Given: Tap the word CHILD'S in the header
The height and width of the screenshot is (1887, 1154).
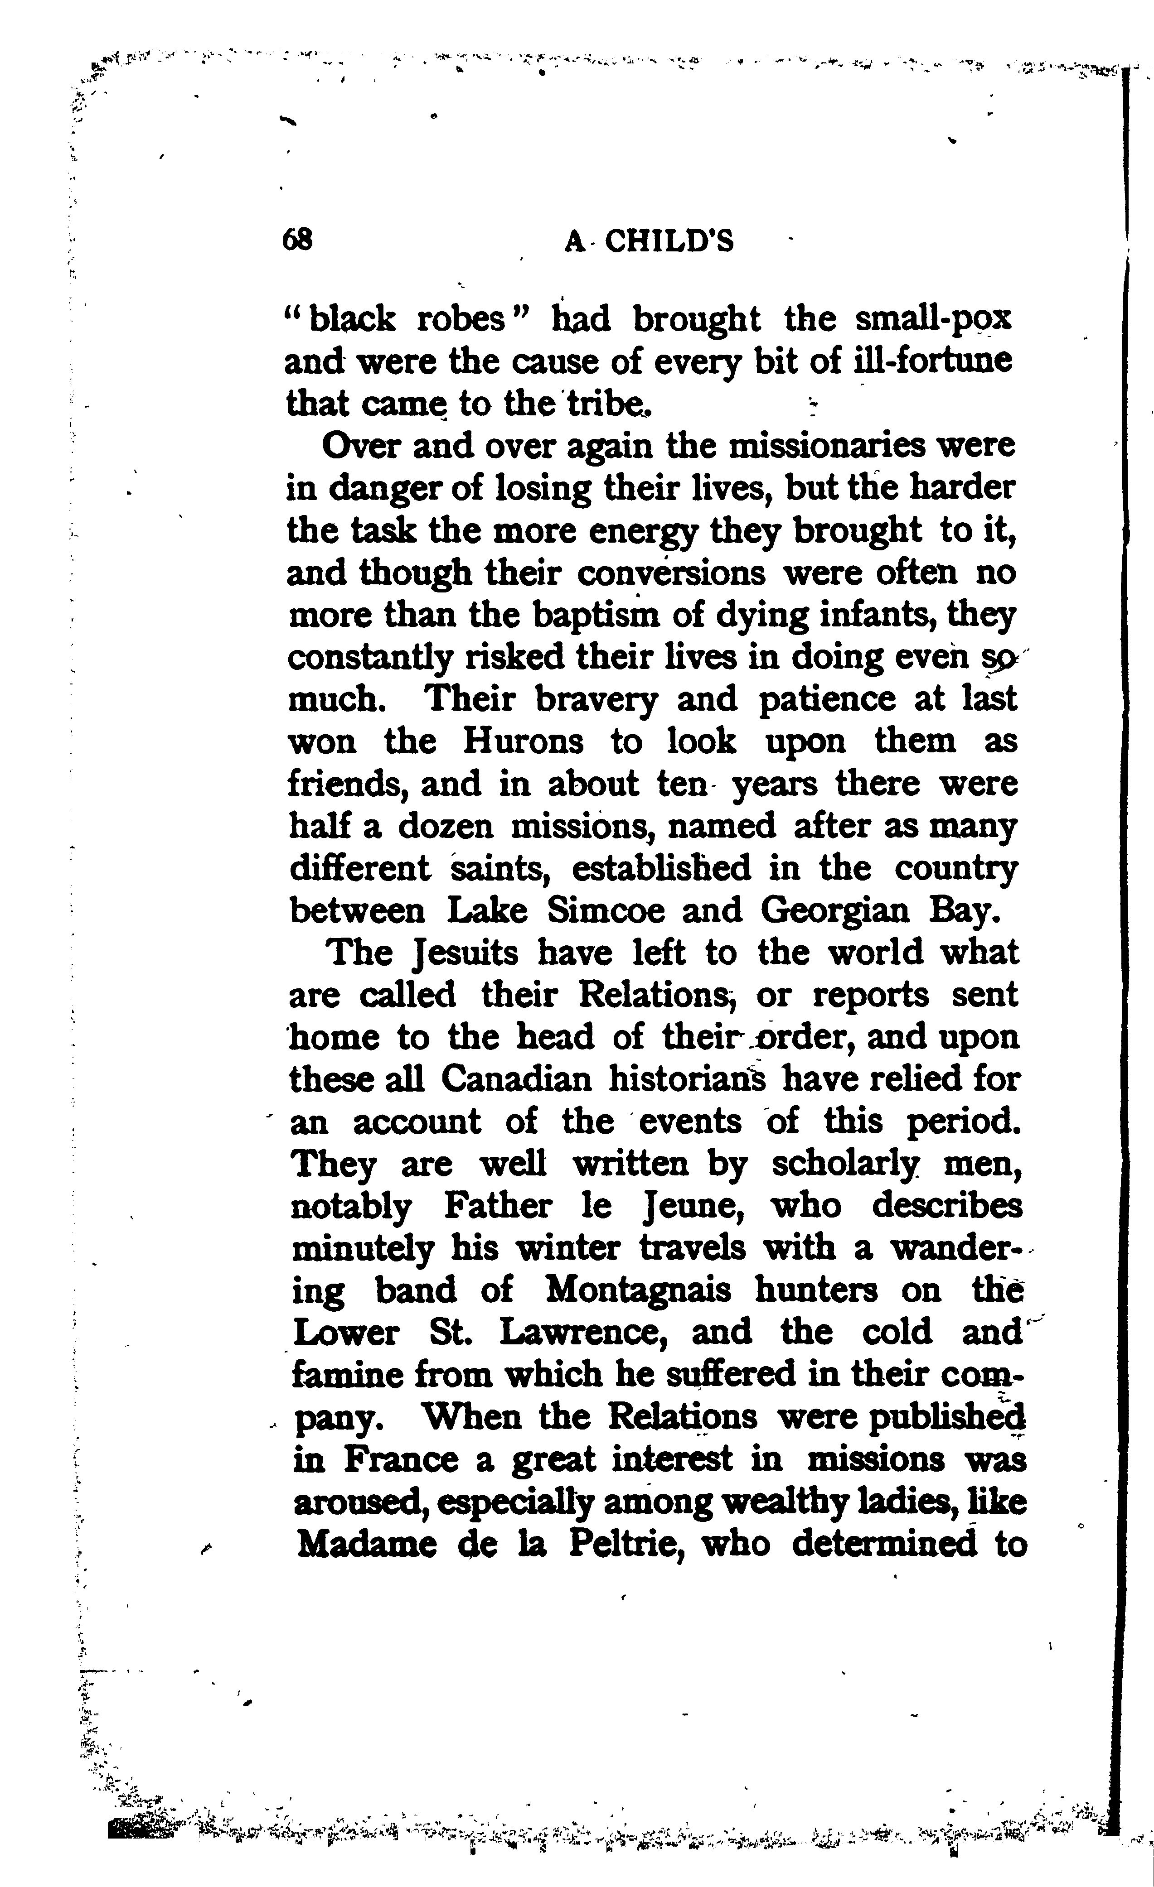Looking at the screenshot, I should point(670,242).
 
